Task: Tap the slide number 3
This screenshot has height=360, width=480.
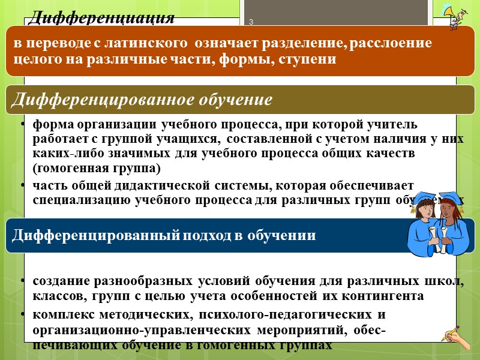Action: [251, 23]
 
